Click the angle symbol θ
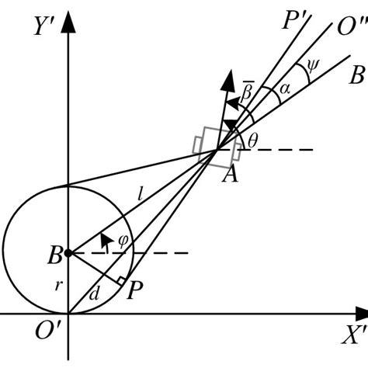tap(252, 139)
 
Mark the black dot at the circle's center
tap(68, 253)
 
